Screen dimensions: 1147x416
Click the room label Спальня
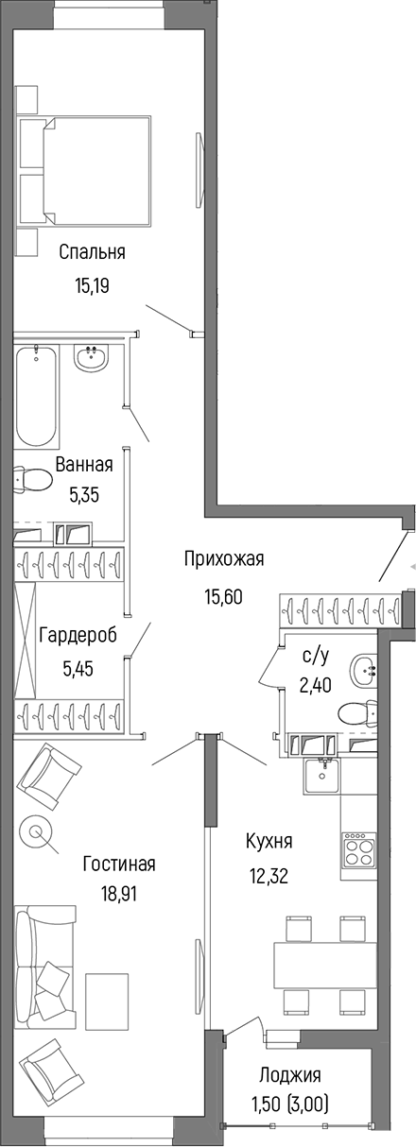[x=92, y=252]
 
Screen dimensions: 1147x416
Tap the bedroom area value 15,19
[x=92, y=284]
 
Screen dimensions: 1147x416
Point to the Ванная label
[x=84, y=464]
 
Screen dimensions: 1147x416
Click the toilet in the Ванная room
[x=32, y=480]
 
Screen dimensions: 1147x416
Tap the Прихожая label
[x=224, y=559]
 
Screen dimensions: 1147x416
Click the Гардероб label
[x=78, y=636]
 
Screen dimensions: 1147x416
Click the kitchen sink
[x=323, y=777]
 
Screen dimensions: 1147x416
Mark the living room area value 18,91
[x=118, y=894]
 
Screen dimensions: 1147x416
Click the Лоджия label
[x=289, y=1074]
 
